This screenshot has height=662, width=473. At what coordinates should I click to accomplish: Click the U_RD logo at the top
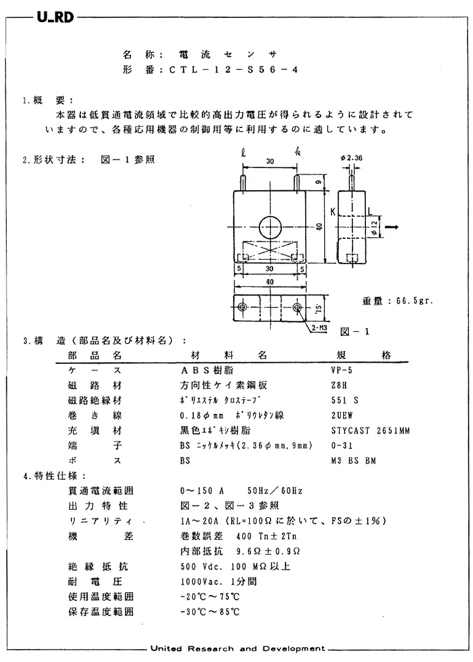pos(55,17)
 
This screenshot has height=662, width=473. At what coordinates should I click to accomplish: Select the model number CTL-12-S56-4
pos(233,70)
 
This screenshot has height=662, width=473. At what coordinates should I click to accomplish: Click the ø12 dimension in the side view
pos(374,227)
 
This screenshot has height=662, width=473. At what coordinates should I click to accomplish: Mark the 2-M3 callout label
pos(318,328)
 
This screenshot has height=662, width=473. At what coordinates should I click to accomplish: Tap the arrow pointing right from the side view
pos(391,227)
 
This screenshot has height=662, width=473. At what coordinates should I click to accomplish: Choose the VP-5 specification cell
pos(341,371)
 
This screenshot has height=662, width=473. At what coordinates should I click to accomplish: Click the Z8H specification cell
pos(340,385)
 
